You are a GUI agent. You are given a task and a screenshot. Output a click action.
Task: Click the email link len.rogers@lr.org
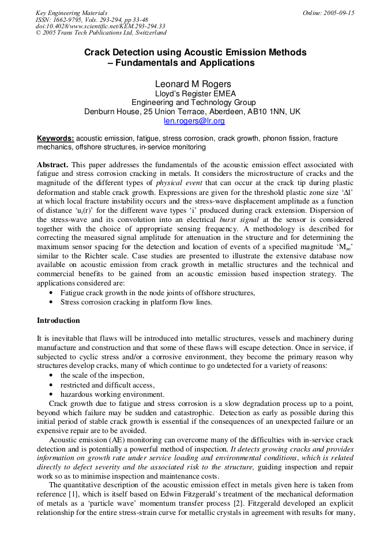(194, 121)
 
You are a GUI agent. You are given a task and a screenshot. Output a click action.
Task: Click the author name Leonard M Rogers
(194, 84)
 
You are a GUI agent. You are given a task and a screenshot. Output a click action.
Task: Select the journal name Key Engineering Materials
(72, 13)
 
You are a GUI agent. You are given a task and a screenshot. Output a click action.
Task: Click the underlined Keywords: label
(55, 138)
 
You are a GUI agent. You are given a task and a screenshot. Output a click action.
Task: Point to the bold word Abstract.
(52, 164)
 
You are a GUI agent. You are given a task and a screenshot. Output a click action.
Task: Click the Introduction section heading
(58, 321)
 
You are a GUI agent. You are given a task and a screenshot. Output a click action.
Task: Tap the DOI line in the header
(100, 26)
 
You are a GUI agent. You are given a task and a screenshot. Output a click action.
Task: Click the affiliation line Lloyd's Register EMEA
(195, 93)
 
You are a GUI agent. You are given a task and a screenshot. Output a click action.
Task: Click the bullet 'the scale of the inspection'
(101, 375)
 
